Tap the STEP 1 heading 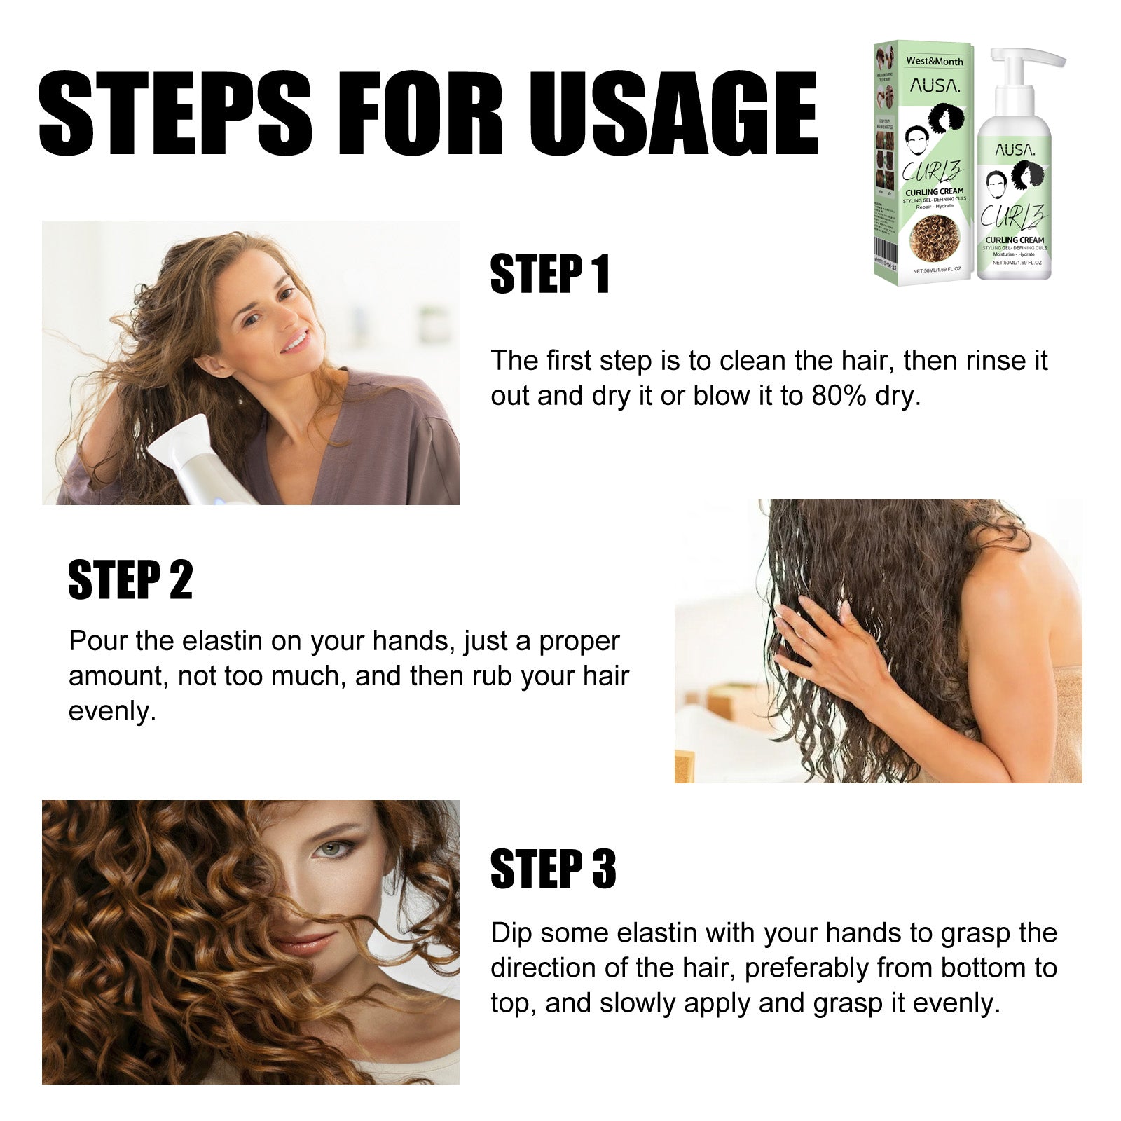(x=550, y=274)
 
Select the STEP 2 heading (x=130, y=580)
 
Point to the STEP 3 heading (x=553, y=869)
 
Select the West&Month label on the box (x=934, y=61)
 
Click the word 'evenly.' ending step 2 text (x=112, y=712)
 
